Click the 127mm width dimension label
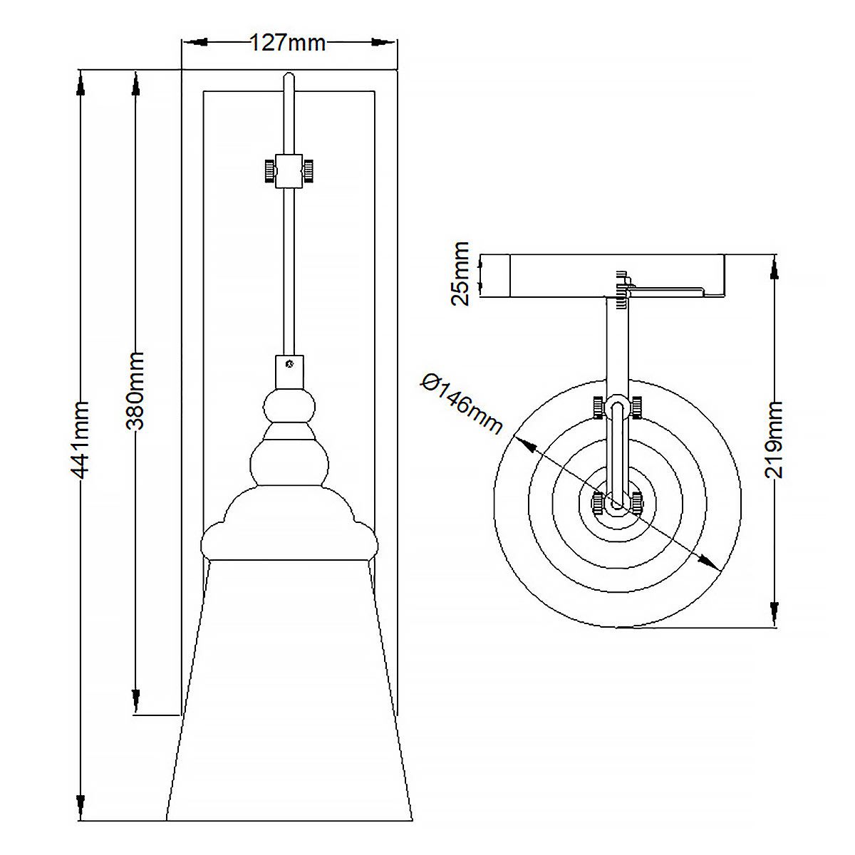click(x=288, y=43)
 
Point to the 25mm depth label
click(x=462, y=273)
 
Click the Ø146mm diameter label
click(x=462, y=403)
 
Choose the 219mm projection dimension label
click(x=773, y=440)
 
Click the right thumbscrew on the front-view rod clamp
click(x=311, y=171)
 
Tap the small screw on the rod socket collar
click(x=289, y=364)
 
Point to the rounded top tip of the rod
click(x=288, y=76)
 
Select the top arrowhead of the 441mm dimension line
click(x=81, y=83)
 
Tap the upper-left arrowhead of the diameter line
click(x=527, y=445)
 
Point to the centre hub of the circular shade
click(x=617, y=504)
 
